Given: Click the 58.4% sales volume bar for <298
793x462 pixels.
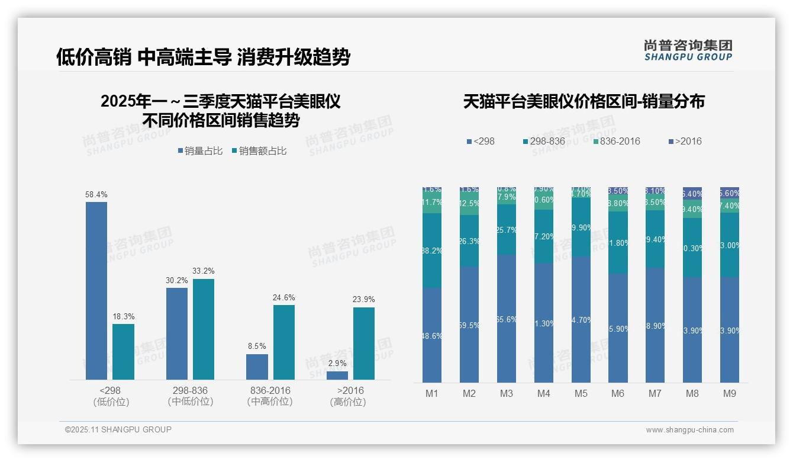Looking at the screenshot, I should [x=96, y=290].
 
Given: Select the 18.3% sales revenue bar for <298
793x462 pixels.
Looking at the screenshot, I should [x=123, y=351].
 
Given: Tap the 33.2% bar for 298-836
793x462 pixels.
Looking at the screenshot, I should [x=204, y=329].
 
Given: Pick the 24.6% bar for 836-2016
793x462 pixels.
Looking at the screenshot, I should [x=284, y=342].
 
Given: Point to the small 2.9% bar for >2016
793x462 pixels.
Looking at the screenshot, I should [x=337, y=376].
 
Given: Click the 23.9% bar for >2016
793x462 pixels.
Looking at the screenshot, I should [x=364, y=343].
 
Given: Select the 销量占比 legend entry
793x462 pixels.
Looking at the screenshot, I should [x=200, y=151].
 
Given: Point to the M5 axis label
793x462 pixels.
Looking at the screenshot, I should [x=581, y=394].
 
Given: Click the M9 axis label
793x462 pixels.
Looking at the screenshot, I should [x=730, y=394].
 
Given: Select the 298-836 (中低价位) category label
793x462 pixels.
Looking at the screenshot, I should [x=190, y=396].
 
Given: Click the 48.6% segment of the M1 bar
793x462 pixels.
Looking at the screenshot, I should [x=432, y=335].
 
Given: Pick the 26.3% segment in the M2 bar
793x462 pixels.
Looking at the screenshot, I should [x=469, y=241].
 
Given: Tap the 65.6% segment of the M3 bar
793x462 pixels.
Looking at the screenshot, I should [x=507, y=319].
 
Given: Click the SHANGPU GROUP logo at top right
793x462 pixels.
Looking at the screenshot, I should [x=688, y=50].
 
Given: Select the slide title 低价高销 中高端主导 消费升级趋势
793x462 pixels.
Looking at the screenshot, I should [x=203, y=57].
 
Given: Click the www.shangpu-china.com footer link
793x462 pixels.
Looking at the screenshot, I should [x=689, y=430].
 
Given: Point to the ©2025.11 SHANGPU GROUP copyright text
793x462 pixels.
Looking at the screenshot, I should [x=118, y=429].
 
